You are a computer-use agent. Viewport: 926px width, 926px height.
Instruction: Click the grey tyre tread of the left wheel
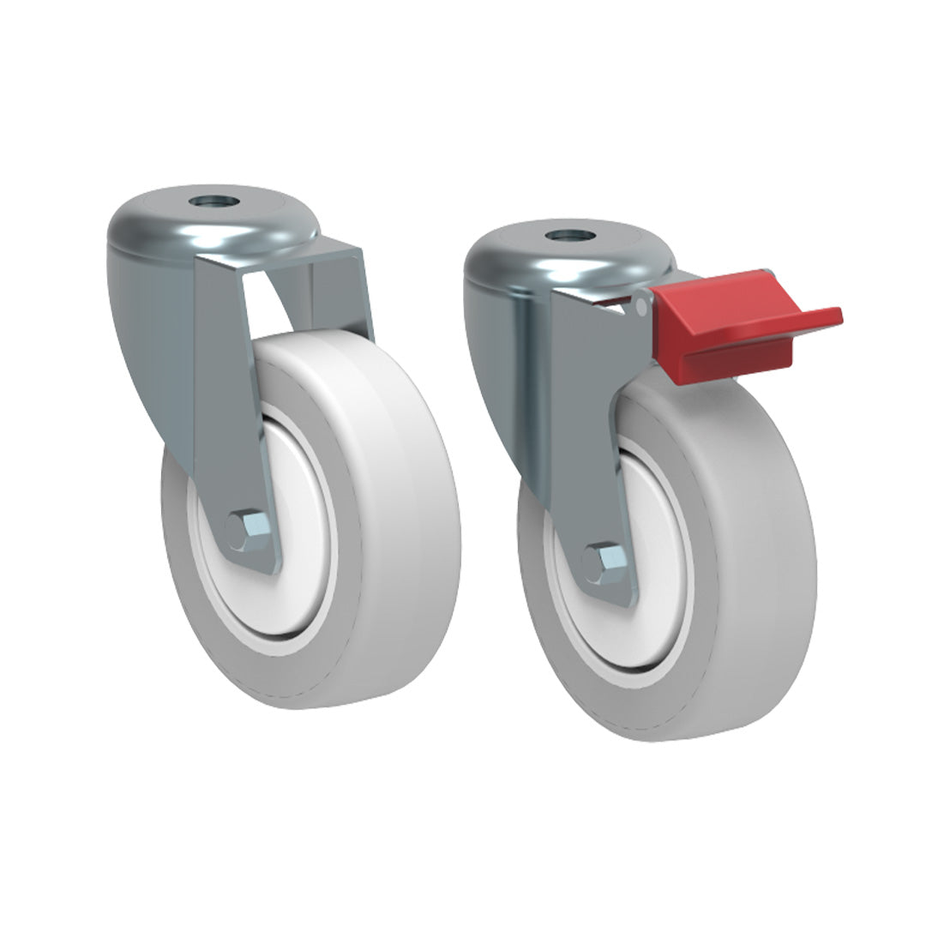(x=403, y=514)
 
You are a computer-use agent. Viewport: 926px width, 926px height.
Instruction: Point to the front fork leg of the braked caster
(x=583, y=429)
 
